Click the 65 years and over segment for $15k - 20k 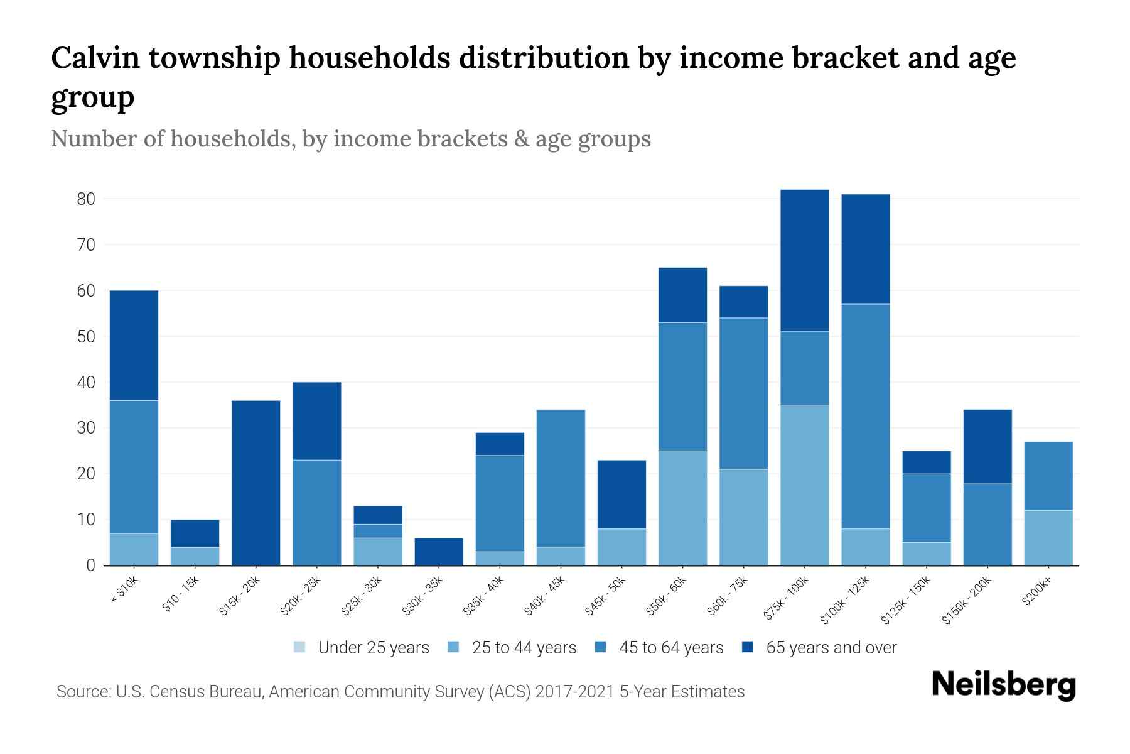pos(256,483)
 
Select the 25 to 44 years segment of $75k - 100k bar pos(804,485)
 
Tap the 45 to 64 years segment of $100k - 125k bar pos(865,416)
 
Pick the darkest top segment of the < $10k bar pos(134,345)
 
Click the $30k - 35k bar pos(439,552)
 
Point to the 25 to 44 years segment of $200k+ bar pos(1048,538)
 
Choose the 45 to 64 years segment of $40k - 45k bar pos(561,478)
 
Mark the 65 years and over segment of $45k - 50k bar pos(621,494)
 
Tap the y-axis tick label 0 pos(90,565)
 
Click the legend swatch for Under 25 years pos(299,647)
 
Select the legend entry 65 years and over pos(831,647)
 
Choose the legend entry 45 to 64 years pos(671,647)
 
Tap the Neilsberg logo pos(1003,684)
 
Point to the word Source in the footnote pos(82,692)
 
